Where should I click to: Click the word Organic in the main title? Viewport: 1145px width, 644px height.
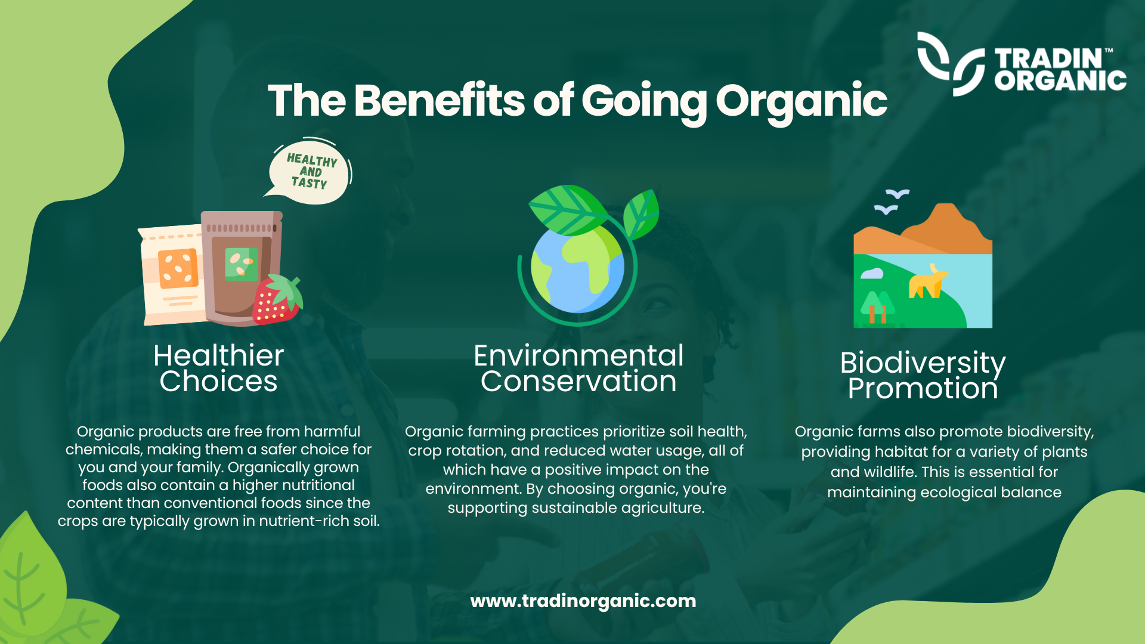[801, 101]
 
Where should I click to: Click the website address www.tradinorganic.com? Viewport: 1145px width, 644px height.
[583, 601]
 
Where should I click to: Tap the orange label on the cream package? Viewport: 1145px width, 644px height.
[178, 268]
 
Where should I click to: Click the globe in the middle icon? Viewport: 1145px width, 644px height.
[577, 268]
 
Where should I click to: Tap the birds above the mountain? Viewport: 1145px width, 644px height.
[891, 202]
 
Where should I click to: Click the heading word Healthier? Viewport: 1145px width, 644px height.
[218, 355]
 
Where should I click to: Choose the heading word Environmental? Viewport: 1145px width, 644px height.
[578, 355]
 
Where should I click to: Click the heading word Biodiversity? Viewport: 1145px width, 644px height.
[923, 363]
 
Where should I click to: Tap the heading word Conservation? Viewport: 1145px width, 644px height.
[578, 382]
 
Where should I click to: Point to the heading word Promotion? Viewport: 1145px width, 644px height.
[923, 389]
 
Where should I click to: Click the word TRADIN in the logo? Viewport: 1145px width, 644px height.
[1048, 58]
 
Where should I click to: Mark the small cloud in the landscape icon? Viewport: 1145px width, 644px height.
[872, 274]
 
